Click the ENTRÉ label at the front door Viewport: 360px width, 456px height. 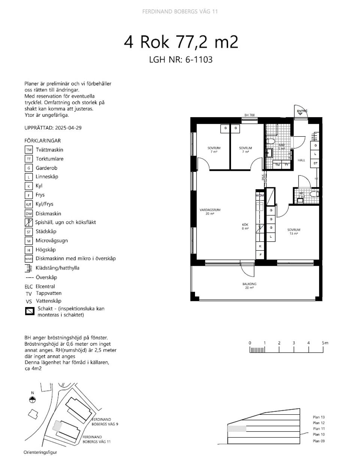302,111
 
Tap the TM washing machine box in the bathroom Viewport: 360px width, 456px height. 277,165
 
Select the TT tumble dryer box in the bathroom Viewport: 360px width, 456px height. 286,165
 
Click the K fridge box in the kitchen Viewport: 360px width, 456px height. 260,246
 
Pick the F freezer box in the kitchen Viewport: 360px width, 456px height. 260,255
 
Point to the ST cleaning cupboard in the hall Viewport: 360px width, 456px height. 315,163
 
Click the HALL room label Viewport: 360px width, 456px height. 301,160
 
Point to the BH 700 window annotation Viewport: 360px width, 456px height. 249,115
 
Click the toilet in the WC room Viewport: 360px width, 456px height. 315,194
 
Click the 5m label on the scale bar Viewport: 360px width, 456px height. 325,343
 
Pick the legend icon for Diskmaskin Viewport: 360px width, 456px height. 29,214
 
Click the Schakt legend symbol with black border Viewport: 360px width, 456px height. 30,311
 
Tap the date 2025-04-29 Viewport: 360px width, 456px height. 68,128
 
